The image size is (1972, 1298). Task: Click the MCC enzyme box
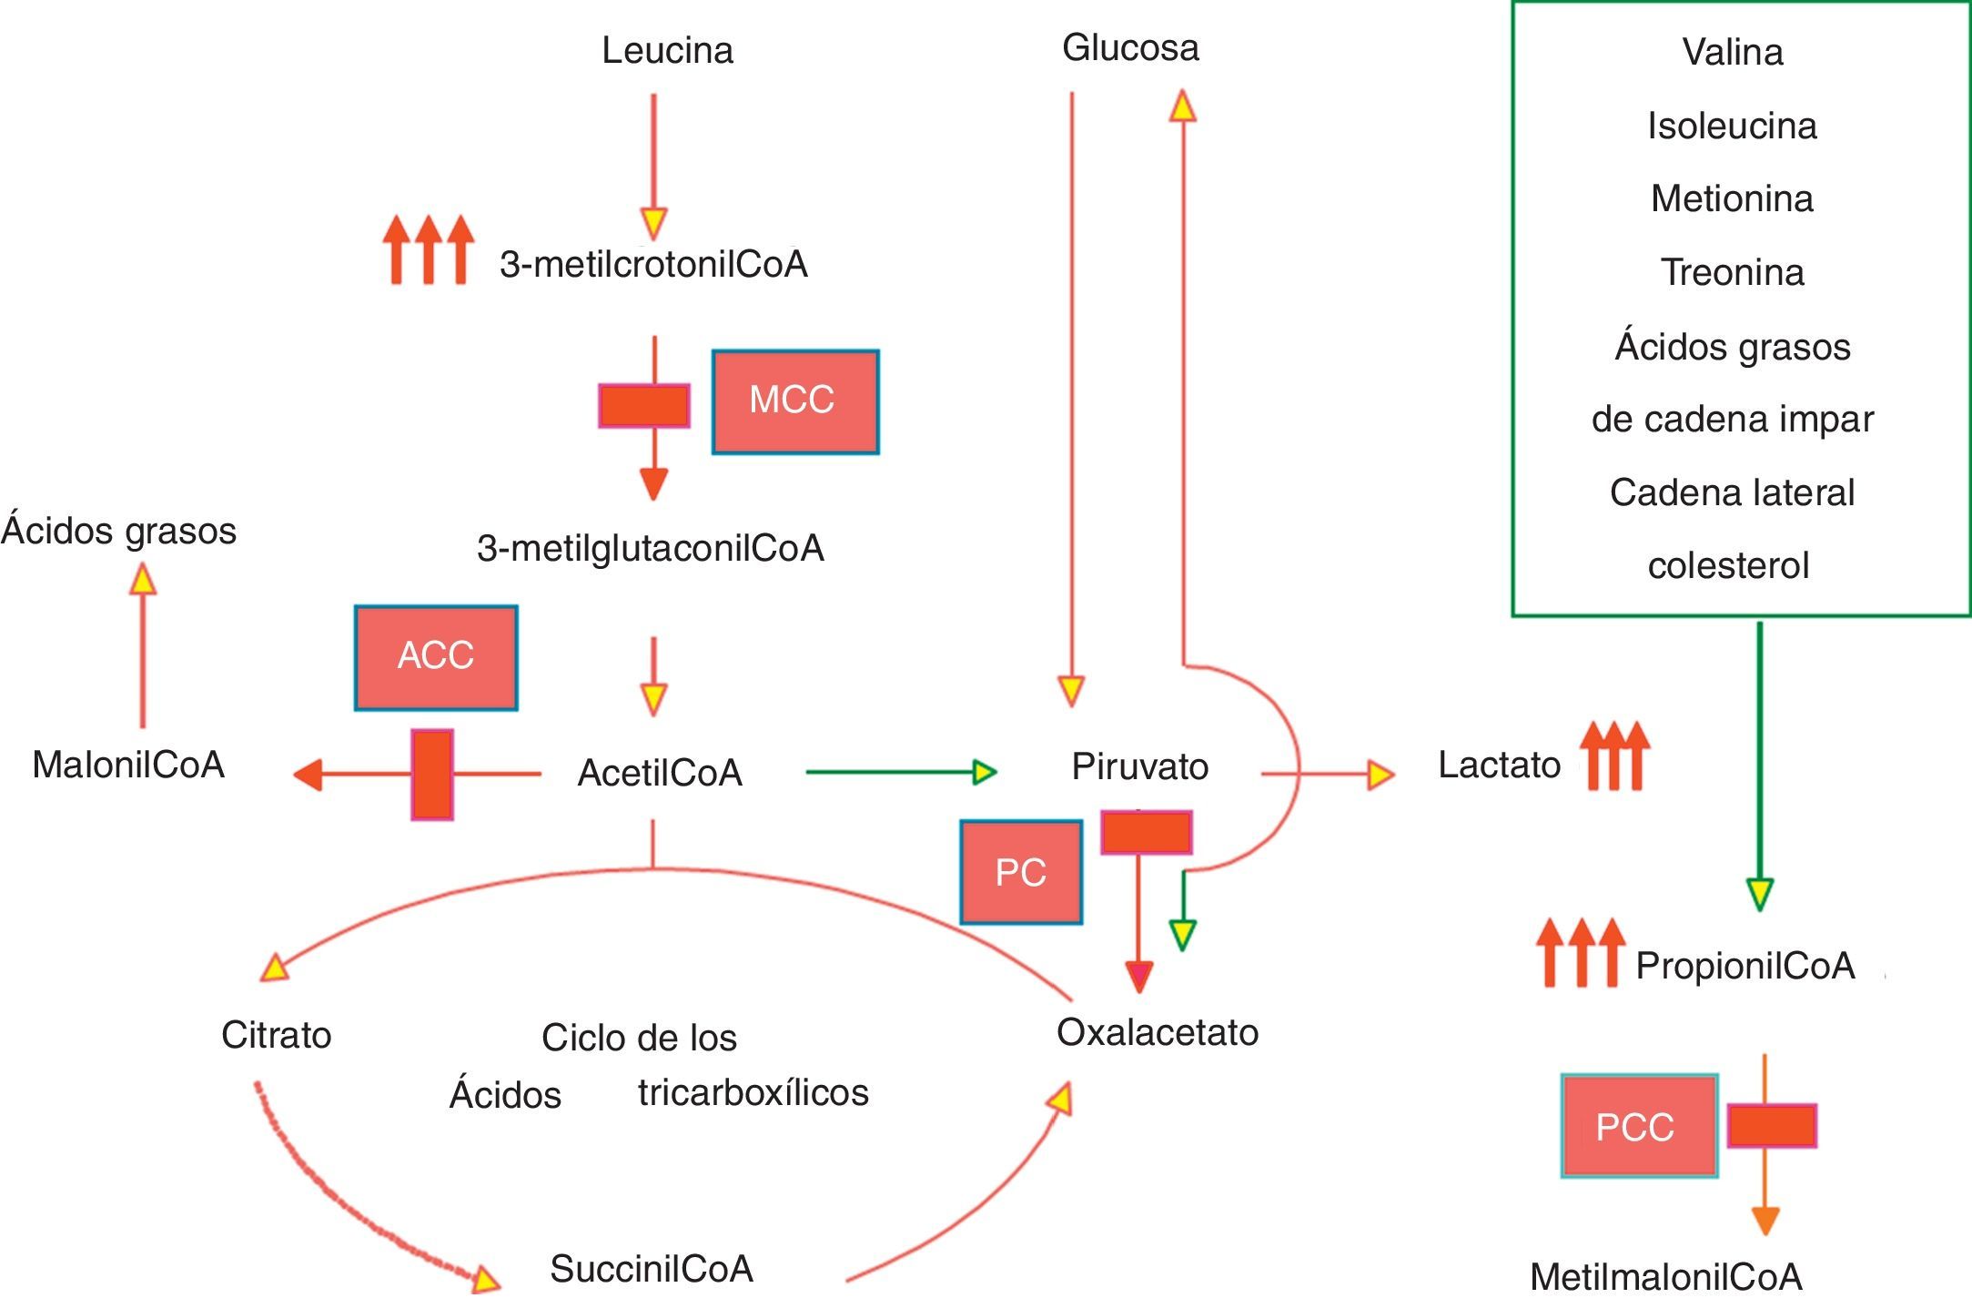coord(795,401)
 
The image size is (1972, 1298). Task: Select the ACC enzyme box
coord(436,657)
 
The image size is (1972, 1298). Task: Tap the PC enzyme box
coord(1021,872)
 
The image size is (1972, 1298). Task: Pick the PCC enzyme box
coord(1639,1126)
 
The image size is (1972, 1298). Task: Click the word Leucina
coord(667,50)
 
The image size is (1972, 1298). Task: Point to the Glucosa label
coord(1130,47)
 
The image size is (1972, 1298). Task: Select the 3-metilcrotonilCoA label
coord(653,264)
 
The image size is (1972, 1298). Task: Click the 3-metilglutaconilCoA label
coord(651,548)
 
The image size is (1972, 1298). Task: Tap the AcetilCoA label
coord(660,773)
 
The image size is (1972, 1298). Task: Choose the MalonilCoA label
coord(128,765)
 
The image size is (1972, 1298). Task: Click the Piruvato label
coord(1139,766)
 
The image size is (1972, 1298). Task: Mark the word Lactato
coord(1499,765)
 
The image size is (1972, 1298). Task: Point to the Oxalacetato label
coord(1158,1032)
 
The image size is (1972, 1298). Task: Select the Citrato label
coord(276,1035)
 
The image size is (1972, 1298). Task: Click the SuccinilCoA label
coord(652,1269)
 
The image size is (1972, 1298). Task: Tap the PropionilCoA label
coord(1744,966)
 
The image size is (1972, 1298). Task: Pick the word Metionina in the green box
coord(1732,198)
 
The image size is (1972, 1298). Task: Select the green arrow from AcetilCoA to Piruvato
coord(901,772)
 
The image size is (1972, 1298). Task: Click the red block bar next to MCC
coord(643,406)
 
